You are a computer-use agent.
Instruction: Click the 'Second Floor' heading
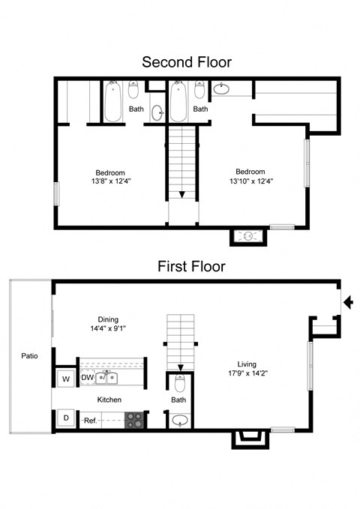coord(187,62)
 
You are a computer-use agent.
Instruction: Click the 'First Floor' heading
coord(191,267)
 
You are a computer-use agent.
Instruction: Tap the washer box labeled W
coord(66,379)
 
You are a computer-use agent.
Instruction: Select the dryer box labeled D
coord(66,418)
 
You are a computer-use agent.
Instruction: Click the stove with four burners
coord(134,420)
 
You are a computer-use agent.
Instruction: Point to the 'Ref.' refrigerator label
coord(90,421)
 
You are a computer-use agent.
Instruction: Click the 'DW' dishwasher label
coord(88,378)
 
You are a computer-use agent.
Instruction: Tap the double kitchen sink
coord(106,378)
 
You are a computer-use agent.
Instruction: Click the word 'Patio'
coord(29,356)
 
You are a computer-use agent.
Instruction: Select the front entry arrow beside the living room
coord(348,302)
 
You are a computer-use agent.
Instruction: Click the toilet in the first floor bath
coord(180,382)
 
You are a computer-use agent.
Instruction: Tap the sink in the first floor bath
coord(180,421)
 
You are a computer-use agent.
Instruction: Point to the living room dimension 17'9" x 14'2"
coord(247,373)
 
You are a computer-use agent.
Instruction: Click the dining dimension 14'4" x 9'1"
coord(108,328)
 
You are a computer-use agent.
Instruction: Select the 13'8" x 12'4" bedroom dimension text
coord(111,181)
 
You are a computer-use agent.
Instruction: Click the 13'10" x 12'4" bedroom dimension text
coord(251,181)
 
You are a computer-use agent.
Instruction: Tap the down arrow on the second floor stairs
coord(182,194)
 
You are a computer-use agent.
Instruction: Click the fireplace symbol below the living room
coord(250,439)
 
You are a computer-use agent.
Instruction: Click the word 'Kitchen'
coord(109,400)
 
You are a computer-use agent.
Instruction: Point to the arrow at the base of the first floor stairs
coord(181,368)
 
